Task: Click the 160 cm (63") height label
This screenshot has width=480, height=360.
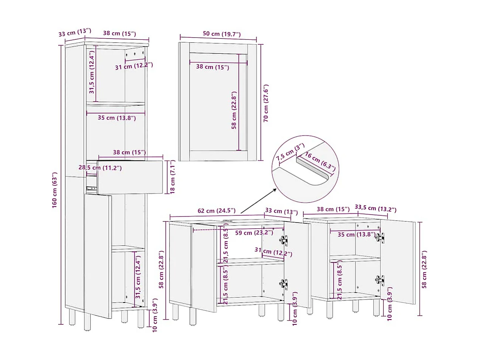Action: [x=54, y=190]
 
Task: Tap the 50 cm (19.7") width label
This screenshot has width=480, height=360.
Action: [x=222, y=34]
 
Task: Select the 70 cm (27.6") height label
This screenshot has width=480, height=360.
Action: [x=266, y=103]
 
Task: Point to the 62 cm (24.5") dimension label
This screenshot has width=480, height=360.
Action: [x=216, y=210]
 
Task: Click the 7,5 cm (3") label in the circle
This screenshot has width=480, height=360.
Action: [x=290, y=152]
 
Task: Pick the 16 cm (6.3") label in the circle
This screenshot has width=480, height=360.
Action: [x=320, y=161]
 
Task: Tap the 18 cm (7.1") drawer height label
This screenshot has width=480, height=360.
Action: [x=172, y=177]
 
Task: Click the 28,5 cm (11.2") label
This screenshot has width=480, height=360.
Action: [x=100, y=168]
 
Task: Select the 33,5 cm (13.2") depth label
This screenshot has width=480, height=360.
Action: [x=375, y=208]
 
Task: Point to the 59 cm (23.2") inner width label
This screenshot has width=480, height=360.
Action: [x=254, y=233]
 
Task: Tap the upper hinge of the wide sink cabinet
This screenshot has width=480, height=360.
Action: [x=283, y=240]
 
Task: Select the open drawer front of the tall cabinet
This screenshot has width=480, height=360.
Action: [x=130, y=177]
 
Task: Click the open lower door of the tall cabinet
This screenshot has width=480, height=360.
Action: [x=98, y=256]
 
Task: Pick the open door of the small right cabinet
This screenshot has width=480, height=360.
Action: [x=398, y=262]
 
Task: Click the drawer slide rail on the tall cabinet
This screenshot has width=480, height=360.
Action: [x=92, y=188]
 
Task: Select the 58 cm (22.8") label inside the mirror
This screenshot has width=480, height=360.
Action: [x=234, y=110]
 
